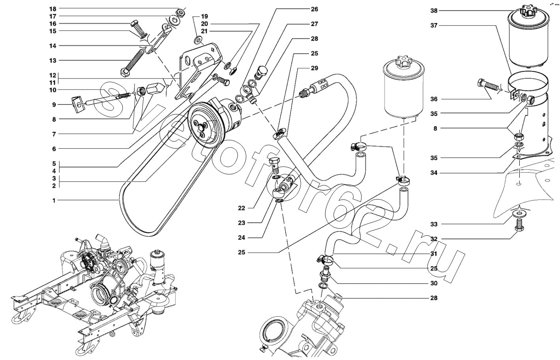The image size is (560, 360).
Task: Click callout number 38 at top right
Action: tap(434, 11)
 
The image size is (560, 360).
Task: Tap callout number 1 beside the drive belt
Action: tap(53, 200)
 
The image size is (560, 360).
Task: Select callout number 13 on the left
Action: tap(53, 60)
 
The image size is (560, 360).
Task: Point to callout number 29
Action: tap(314, 68)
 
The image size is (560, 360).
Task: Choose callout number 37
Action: tap(434, 26)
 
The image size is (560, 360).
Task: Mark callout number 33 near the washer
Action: tap(434, 224)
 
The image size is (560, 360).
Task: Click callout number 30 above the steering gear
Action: tap(434, 283)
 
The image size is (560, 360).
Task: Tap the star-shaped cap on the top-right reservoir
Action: tap(524, 11)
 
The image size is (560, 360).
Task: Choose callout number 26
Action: tap(314, 9)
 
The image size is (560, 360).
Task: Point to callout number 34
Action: tap(434, 173)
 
